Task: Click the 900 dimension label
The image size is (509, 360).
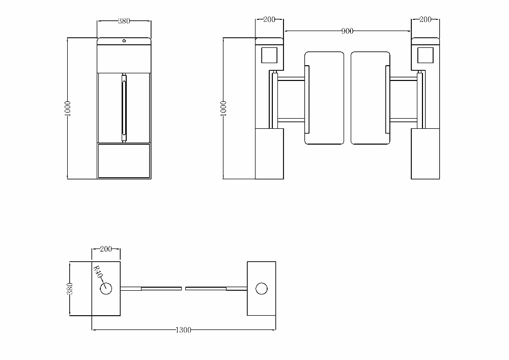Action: [347, 32]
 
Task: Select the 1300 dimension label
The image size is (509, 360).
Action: [183, 330]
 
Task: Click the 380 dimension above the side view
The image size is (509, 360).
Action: [124, 21]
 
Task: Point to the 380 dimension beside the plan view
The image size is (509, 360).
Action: [70, 289]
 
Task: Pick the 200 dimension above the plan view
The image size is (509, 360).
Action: [106, 249]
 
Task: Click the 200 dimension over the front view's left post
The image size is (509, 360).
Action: [269, 19]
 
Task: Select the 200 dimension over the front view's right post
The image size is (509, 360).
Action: [425, 19]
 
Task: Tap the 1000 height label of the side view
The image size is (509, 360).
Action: [68, 108]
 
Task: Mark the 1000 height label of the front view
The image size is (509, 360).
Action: [223, 108]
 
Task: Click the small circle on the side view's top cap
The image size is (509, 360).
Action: [124, 41]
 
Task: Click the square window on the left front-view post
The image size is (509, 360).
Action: [269, 54]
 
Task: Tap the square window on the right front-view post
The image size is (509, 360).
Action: [426, 54]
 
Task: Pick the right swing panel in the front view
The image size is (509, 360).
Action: [371, 98]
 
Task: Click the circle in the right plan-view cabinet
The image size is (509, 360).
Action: [262, 289]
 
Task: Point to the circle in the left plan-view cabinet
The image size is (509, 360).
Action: [106, 289]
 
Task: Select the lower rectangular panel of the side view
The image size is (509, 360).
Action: [124, 160]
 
